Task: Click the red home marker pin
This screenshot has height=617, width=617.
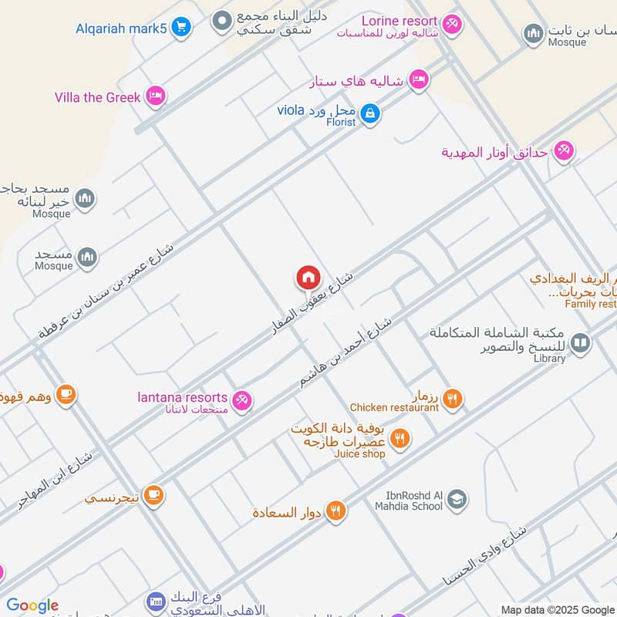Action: (x=308, y=278)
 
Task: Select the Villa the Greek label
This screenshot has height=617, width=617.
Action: (x=98, y=97)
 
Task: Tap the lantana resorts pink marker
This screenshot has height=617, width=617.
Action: (x=242, y=400)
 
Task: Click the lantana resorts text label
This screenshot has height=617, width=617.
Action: (x=182, y=398)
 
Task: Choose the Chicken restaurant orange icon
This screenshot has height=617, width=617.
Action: (x=453, y=399)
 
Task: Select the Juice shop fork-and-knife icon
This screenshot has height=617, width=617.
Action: (x=400, y=440)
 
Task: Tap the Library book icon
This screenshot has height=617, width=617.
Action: (x=581, y=343)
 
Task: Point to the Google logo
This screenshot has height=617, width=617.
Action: (x=32, y=605)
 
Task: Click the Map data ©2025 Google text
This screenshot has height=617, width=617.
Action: (x=557, y=609)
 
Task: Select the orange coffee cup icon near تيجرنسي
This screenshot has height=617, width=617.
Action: (x=153, y=494)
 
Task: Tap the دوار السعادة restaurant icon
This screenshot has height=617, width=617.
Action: (x=335, y=510)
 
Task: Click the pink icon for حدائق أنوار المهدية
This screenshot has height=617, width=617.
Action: (x=564, y=151)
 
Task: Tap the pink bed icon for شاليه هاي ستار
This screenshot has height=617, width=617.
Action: (x=419, y=79)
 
